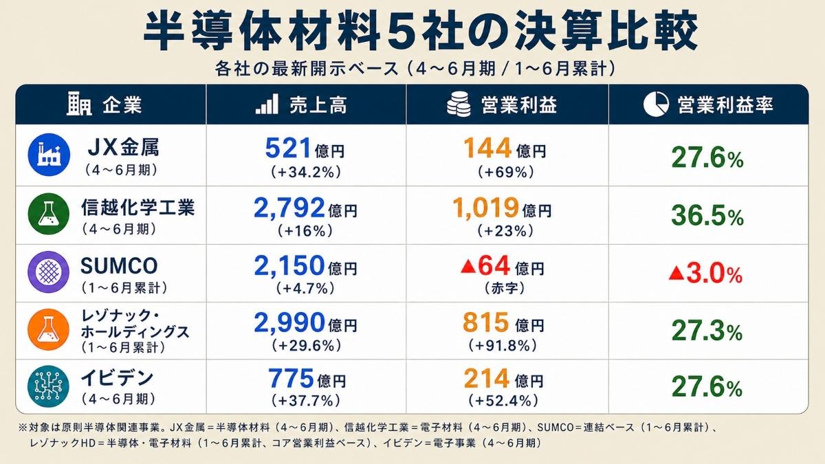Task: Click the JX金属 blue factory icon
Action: coord(49,155)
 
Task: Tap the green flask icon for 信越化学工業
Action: coord(49,214)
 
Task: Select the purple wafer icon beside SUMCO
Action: coord(49,272)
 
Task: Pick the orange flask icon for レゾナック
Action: coord(49,329)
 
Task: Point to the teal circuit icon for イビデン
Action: coord(49,386)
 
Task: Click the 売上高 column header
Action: coord(318,105)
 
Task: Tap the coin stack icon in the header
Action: coord(459,104)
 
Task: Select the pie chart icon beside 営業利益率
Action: coord(656,104)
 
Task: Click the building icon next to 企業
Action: coord(79,104)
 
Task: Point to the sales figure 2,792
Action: coord(289,208)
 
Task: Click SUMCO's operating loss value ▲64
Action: coord(485,266)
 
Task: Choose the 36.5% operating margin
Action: coord(707,216)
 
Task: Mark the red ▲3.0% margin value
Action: coord(705,274)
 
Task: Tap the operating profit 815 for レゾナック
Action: coord(486,323)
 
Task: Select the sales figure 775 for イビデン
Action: coord(291,379)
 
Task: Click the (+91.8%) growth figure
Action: coord(503,346)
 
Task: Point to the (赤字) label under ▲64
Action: coord(504,288)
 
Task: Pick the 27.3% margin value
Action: coord(707,331)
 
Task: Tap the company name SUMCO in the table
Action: coord(119,266)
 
